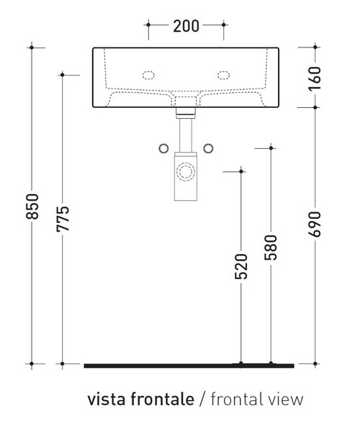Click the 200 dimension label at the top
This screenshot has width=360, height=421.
186,27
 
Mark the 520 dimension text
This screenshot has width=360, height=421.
241,266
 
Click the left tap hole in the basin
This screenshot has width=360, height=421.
150,74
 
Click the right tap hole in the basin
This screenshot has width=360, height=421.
222,74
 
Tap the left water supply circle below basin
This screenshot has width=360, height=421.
163,148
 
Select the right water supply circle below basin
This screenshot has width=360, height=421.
210,148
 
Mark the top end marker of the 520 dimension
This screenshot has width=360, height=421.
241,171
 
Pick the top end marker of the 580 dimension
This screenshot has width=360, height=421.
271,148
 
